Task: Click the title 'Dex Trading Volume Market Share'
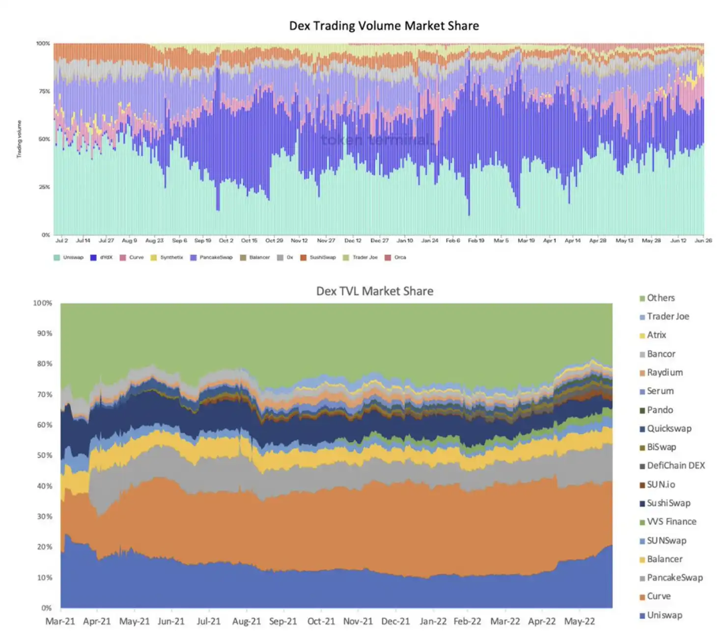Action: coord(384,26)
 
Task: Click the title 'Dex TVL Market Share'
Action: coord(374,291)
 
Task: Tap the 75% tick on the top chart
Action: coord(44,91)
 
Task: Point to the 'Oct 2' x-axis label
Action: coord(226,241)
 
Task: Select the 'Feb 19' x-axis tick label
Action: coord(475,241)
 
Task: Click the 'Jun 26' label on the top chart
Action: coord(703,241)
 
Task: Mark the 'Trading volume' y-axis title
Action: coord(19,139)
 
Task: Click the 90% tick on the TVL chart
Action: coord(44,334)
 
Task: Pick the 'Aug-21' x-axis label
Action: coord(246,621)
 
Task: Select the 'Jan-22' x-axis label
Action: coord(433,621)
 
